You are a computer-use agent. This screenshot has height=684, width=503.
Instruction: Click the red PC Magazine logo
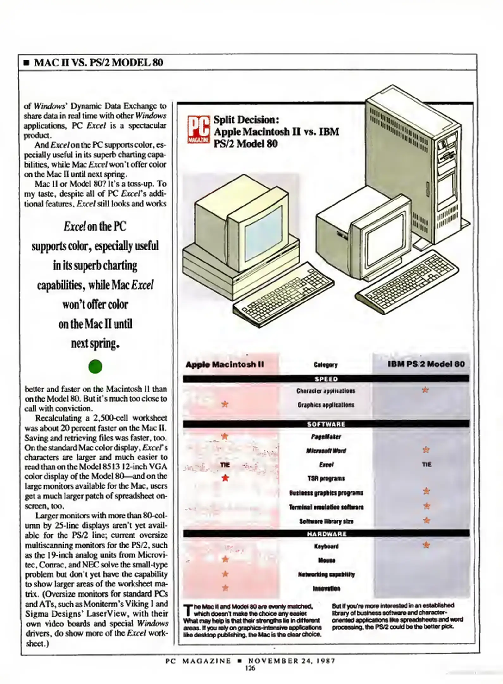(x=198, y=129)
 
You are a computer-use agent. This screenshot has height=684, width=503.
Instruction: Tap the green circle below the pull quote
(x=95, y=366)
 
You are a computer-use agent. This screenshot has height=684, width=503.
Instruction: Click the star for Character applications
(x=425, y=390)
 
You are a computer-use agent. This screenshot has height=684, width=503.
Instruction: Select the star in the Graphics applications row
(x=225, y=404)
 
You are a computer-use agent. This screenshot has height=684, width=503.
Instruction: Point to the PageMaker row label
(x=326, y=437)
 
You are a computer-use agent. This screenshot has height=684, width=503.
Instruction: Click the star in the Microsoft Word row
(x=426, y=450)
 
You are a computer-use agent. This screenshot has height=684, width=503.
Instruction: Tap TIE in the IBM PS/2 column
(x=426, y=464)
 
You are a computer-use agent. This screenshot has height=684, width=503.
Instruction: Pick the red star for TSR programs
(x=225, y=478)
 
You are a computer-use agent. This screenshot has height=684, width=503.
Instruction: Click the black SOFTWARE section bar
(x=326, y=424)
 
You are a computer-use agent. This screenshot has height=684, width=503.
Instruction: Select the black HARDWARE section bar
(x=326, y=534)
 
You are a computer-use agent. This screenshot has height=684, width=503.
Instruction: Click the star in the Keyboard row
(x=426, y=545)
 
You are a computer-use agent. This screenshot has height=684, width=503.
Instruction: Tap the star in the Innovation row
(x=225, y=588)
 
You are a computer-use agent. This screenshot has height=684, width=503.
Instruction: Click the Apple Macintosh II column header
(x=225, y=364)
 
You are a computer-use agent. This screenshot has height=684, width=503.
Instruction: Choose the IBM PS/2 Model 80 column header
(x=426, y=364)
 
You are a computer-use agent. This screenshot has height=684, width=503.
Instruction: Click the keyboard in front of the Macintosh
(x=283, y=294)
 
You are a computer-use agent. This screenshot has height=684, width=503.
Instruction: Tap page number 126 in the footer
(x=250, y=668)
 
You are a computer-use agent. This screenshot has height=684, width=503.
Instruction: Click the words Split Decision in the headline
(x=246, y=120)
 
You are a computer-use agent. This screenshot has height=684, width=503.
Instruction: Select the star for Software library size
(x=426, y=520)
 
